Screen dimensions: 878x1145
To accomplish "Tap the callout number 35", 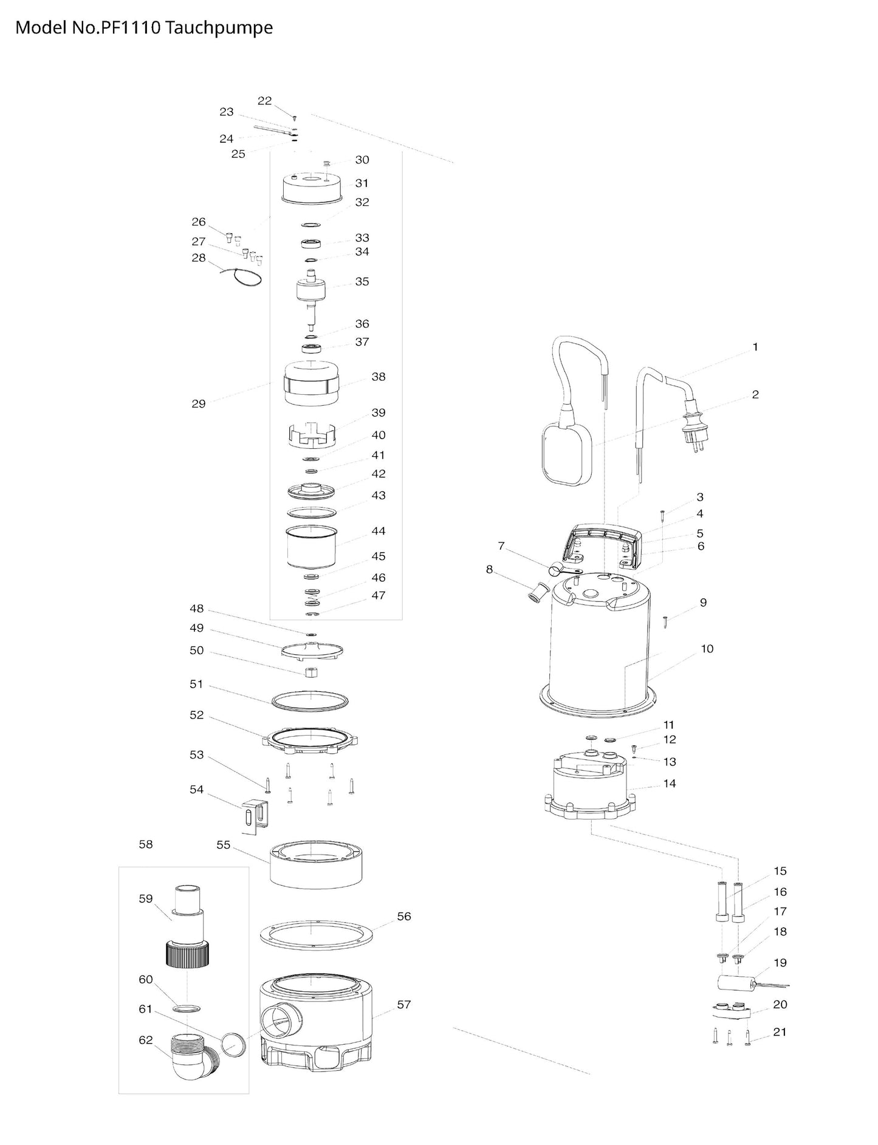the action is [x=362, y=281].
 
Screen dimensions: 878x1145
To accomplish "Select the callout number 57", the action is [x=404, y=1004].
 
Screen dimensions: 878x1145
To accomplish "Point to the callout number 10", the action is [x=707, y=649].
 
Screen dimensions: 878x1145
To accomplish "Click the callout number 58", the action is [x=146, y=844].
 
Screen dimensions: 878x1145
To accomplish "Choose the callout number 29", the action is [x=199, y=403].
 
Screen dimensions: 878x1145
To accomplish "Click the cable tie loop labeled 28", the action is [x=241, y=277].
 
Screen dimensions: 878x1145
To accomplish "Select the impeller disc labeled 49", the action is [x=312, y=648].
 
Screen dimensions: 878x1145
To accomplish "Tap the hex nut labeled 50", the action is [x=310, y=673].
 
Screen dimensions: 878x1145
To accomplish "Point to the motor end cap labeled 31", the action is [x=313, y=187].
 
